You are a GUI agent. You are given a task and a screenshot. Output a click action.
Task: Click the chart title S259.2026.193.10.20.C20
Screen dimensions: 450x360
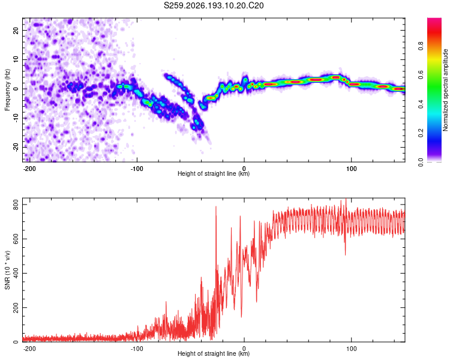(214, 5)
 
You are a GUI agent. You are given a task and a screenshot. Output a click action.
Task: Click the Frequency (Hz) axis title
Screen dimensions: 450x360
(7, 90)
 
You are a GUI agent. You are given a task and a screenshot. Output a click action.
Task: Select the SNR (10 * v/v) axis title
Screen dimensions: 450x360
(7, 270)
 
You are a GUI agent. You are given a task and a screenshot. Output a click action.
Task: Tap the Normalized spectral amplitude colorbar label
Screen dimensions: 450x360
(445, 90)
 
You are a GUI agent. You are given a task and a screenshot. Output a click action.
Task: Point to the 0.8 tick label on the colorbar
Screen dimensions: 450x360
(421, 46)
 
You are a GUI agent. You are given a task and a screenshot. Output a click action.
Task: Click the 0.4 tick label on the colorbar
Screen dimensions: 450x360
(421, 104)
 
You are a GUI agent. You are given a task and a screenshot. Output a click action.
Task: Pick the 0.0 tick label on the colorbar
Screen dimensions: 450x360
(421, 162)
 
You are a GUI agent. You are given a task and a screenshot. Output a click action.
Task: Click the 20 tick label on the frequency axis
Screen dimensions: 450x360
(16, 30)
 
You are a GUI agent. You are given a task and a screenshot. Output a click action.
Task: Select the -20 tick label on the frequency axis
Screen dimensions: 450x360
(16, 148)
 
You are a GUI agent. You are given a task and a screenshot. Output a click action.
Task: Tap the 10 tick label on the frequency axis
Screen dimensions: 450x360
(16, 59)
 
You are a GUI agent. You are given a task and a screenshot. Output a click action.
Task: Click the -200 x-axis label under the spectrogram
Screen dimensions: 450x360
(29, 169)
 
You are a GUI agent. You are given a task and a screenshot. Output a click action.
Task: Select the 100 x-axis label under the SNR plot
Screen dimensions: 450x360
(351, 349)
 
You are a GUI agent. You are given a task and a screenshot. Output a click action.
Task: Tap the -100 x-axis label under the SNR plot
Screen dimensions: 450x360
(137, 349)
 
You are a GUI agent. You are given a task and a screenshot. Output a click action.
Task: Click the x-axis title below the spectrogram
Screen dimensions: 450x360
(214, 173)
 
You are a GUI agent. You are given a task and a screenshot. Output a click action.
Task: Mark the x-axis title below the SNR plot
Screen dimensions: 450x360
(214, 353)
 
